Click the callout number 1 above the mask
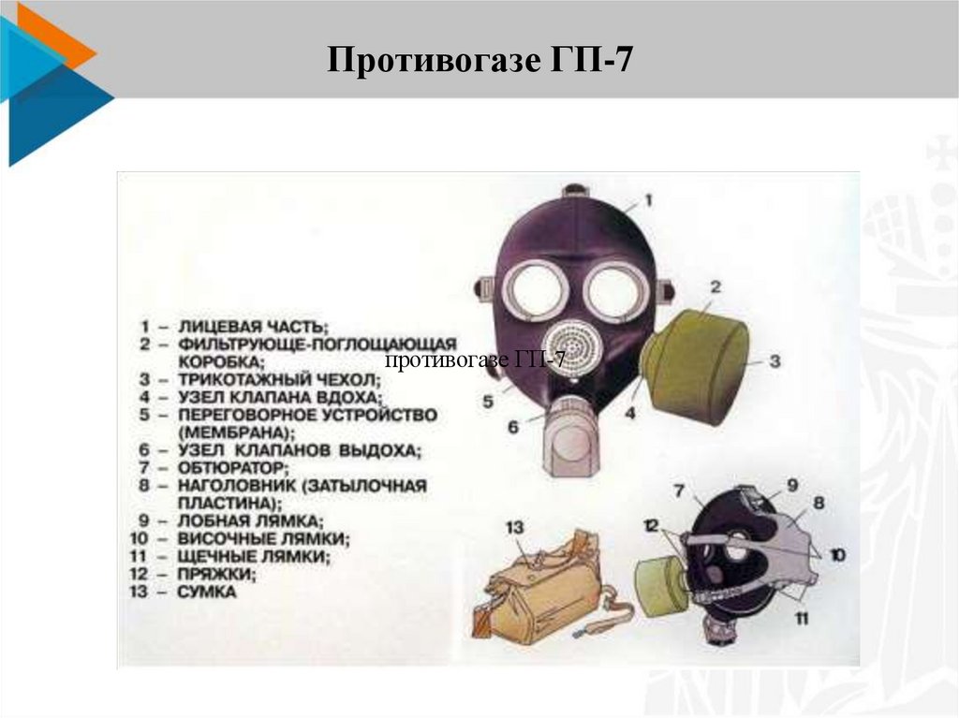(648, 200)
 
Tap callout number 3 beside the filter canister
(775, 360)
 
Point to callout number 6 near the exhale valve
(513, 426)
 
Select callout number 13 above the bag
(515, 527)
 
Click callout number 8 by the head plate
(819, 503)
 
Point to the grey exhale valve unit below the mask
(570, 435)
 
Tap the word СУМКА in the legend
(207, 592)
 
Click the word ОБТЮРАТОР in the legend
(233, 468)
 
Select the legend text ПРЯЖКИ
(216, 574)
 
